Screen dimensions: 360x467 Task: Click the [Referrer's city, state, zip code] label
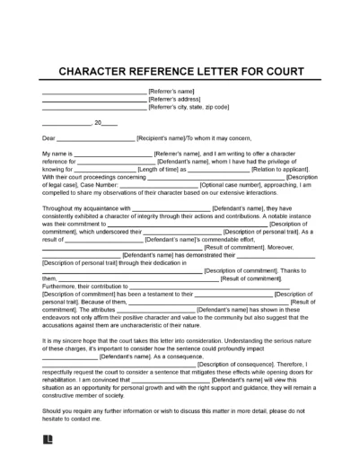[x=191, y=107]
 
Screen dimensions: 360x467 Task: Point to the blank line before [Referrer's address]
[x=94, y=100]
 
